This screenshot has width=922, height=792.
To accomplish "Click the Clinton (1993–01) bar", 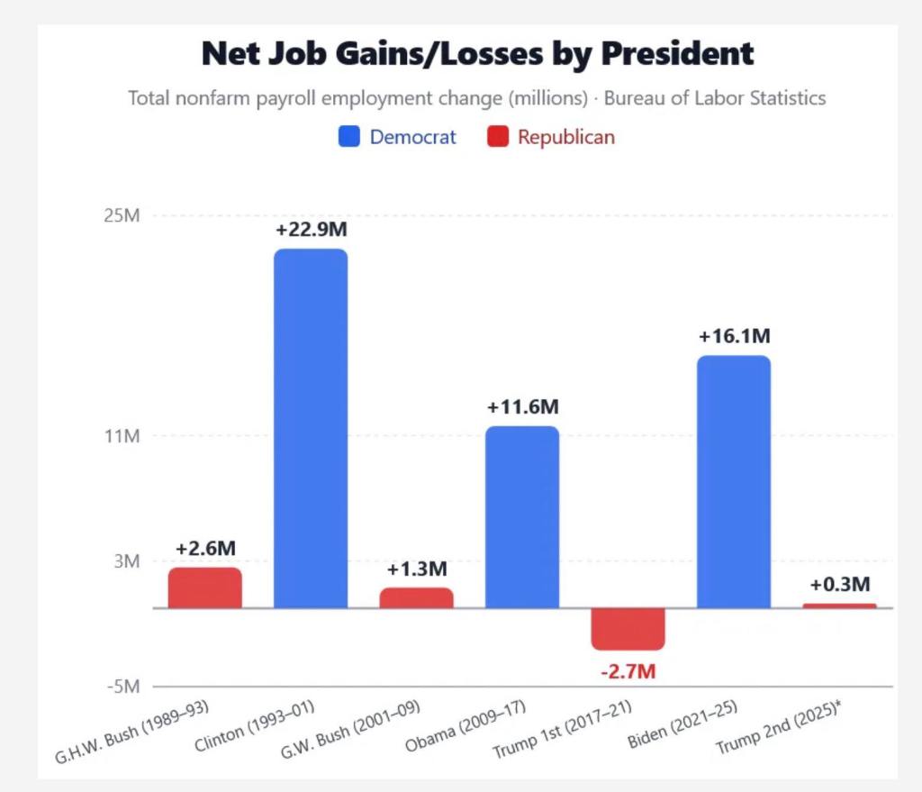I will (311, 428).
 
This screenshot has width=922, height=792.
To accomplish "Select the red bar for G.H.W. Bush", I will (204, 587).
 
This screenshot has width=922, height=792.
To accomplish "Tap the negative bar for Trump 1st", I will (628, 628).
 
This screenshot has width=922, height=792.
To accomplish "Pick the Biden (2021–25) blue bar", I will (734, 481).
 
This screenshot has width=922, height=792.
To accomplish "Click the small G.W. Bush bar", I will (416, 597).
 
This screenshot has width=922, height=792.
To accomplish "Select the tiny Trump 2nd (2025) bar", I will (839, 605).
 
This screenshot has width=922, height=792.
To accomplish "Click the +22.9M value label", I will (311, 229).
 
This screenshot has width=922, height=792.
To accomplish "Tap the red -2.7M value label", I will (628, 671).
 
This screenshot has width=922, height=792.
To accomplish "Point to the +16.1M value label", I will (734, 336).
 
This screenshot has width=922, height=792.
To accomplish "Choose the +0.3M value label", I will (839, 583).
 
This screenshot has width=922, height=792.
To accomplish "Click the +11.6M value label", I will (522, 406).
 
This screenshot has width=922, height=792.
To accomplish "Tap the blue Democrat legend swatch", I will (348, 137).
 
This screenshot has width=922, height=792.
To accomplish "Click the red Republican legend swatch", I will (497, 137).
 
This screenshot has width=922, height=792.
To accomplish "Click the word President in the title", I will (677, 54).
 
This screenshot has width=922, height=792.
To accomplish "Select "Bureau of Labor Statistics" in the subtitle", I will (714, 98).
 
